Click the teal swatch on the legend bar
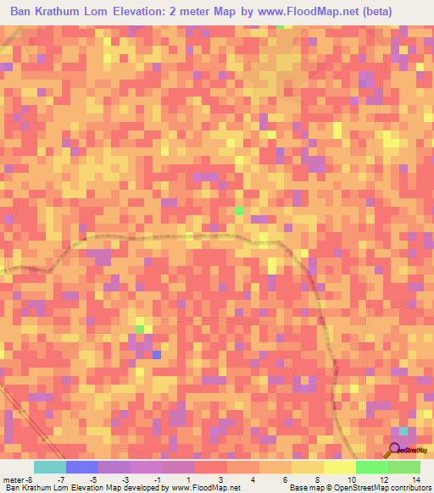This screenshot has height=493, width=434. [50, 467]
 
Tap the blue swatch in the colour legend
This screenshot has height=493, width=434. [82, 467]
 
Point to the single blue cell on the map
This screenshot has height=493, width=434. [157, 354]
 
